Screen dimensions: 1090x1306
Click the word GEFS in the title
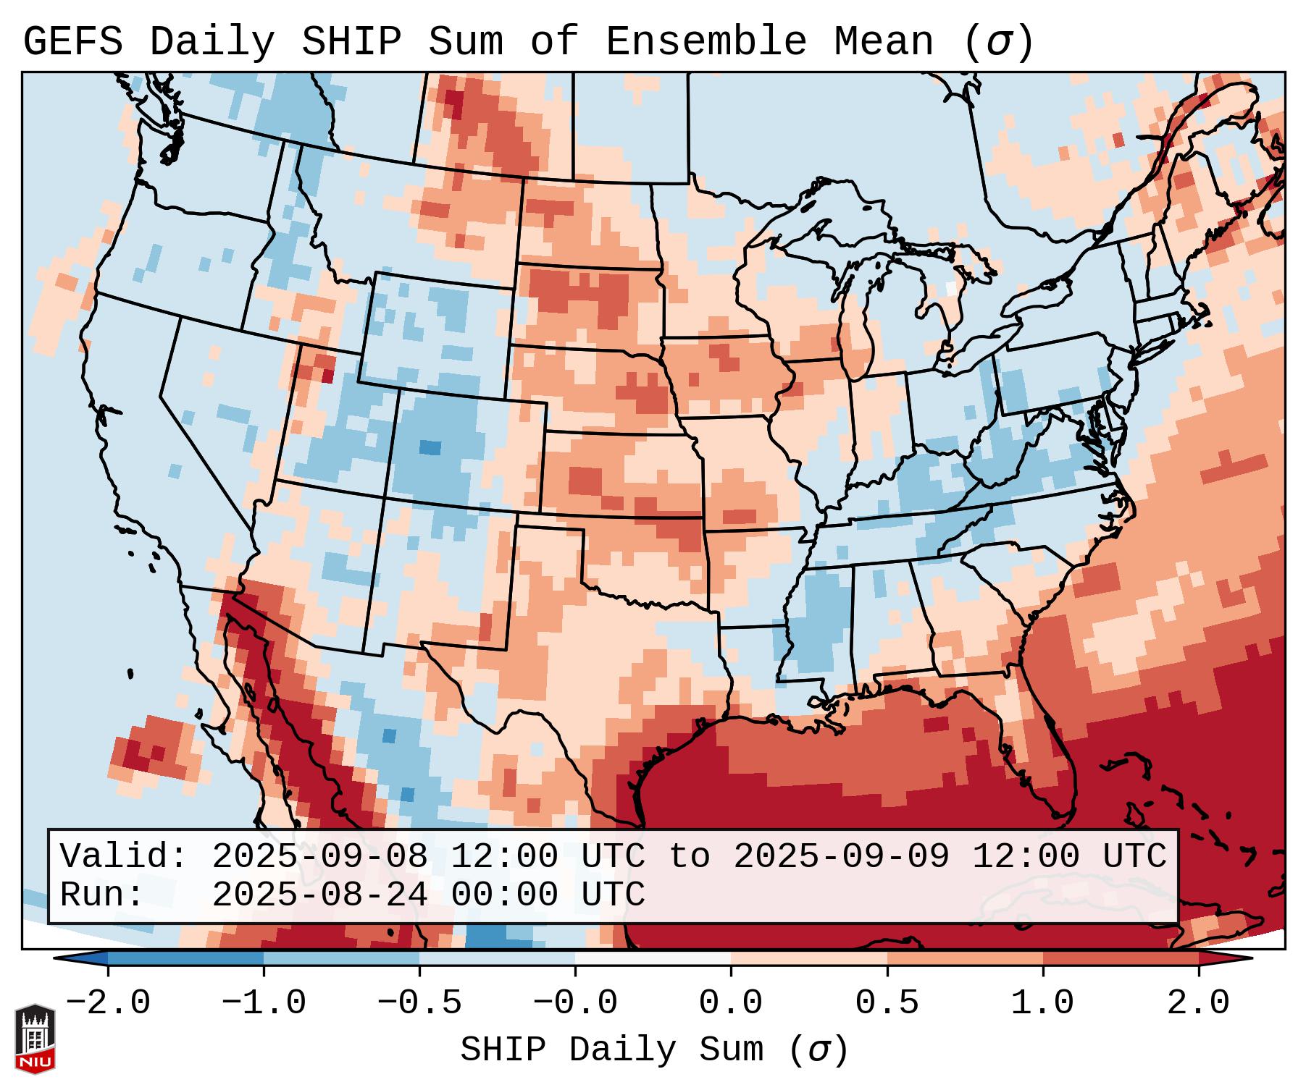(x=72, y=42)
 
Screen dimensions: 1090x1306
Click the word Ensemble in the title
(x=706, y=42)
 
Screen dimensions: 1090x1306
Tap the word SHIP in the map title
(x=351, y=42)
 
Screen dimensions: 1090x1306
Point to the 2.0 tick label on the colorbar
(x=1198, y=1003)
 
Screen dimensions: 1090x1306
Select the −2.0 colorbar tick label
(x=107, y=1003)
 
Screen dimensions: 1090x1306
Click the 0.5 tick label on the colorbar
(x=887, y=1003)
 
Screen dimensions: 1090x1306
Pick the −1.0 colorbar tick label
(x=263, y=1003)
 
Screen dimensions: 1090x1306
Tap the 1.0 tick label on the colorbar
(x=1042, y=1003)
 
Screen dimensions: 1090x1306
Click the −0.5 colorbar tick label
(x=419, y=1003)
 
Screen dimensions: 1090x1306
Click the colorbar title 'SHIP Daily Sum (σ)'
(x=653, y=1050)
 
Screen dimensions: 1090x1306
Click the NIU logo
(x=35, y=1038)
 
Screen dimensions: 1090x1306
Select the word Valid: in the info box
(x=124, y=856)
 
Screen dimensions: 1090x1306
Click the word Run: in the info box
(x=101, y=895)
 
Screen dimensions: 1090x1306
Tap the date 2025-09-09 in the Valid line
(x=841, y=856)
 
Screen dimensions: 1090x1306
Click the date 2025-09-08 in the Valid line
(x=319, y=856)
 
